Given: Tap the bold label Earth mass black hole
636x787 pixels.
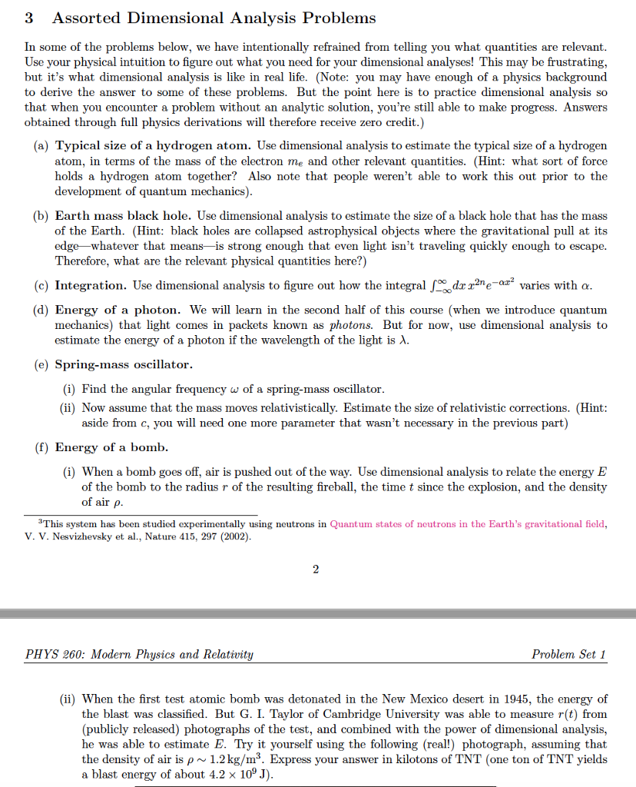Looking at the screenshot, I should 127,216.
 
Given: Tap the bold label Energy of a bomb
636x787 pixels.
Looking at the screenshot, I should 111,447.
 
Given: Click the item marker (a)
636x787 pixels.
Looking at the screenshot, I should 41,145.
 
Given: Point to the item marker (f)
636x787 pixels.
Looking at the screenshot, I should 41,447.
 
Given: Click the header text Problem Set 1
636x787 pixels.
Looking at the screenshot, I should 568,654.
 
